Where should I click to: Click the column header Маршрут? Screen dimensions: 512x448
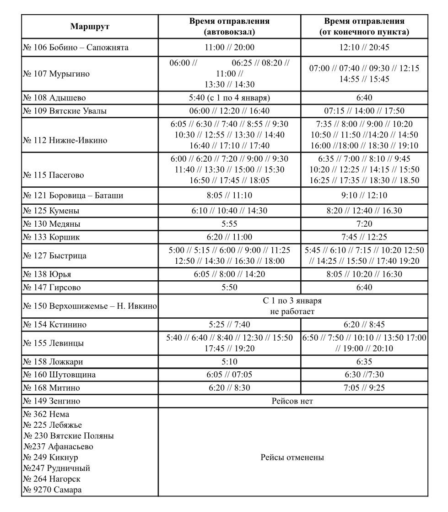click(90, 27)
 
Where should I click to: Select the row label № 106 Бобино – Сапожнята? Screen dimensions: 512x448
click(76, 48)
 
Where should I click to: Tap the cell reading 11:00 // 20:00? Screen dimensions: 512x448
click(229, 48)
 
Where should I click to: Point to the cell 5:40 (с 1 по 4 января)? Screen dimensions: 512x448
click(229, 98)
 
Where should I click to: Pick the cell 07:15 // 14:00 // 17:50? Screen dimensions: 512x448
click(364, 111)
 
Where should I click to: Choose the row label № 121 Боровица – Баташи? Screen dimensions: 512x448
click(73, 196)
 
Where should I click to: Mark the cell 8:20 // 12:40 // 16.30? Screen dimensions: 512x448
click(364, 211)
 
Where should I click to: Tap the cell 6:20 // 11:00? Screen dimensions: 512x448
click(229, 238)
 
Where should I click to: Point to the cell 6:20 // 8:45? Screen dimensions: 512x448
click(364, 325)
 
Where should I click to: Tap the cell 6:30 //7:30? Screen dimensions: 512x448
click(364, 375)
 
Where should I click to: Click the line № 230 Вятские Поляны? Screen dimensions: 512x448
click(69, 436)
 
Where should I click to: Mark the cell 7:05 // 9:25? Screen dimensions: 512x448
click(364, 388)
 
